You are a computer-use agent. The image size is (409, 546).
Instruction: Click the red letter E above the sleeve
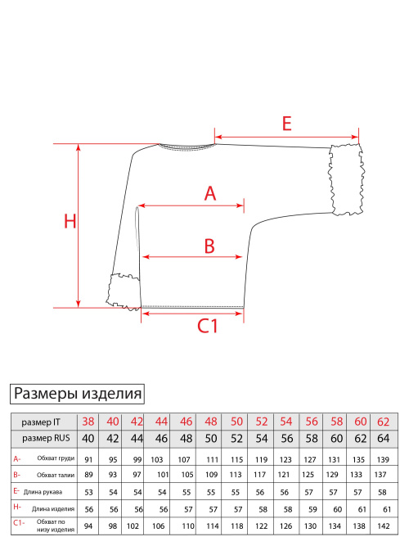[287, 124]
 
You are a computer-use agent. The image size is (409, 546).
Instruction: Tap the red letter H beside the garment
[70, 221]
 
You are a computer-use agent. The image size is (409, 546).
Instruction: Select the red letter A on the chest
[210, 193]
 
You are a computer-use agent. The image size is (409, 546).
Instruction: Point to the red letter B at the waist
[209, 246]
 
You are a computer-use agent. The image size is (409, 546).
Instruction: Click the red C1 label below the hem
[208, 327]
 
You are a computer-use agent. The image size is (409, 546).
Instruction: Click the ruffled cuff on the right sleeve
[347, 179]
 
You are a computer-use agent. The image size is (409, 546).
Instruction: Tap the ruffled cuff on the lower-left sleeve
[124, 291]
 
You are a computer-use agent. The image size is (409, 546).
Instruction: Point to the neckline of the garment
[187, 147]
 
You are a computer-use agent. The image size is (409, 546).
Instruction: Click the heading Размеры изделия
[77, 394]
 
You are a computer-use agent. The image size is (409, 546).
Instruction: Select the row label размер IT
[41, 422]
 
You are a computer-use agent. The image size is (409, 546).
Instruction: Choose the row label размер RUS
[46, 438]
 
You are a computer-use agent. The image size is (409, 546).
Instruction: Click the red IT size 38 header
[88, 422]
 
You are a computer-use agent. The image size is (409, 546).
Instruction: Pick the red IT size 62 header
[384, 422]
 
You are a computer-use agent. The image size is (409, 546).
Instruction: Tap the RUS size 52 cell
[236, 439]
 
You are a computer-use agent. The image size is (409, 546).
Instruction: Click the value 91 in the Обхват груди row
[88, 460]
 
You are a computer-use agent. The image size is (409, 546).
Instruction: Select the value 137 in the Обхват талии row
[380, 475]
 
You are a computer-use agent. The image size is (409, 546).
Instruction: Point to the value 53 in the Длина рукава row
[89, 492]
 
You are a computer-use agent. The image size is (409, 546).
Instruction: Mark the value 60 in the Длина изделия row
[337, 509]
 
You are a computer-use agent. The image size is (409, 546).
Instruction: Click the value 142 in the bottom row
[384, 526]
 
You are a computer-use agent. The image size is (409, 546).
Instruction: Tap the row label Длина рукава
[43, 492]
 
